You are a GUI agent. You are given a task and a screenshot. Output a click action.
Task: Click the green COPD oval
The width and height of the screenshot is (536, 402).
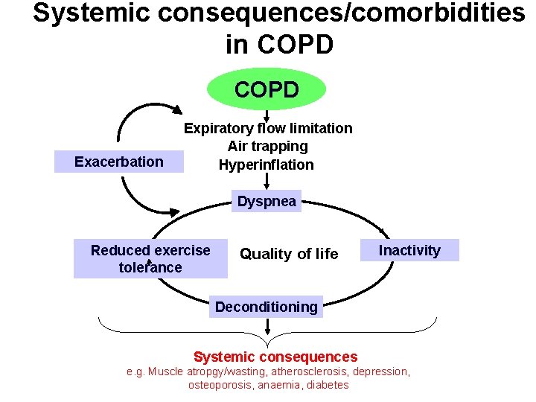point(267,90)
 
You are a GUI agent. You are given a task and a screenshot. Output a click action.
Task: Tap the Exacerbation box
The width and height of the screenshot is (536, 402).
point(119,162)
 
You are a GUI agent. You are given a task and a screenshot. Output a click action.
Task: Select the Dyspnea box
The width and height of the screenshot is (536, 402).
point(267,201)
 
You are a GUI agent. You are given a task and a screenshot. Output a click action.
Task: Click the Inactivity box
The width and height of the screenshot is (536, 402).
point(409,250)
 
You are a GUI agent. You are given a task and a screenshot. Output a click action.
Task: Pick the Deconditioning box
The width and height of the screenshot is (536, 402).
point(266,307)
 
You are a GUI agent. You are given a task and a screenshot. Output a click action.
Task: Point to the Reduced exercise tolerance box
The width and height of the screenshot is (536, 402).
point(150,259)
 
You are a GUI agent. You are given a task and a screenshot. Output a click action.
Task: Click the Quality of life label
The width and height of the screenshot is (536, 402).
point(289,254)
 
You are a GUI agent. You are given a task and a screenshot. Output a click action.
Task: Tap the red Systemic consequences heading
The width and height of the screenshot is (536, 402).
point(275,357)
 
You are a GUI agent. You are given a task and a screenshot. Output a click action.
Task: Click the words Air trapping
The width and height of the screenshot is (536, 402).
point(268,147)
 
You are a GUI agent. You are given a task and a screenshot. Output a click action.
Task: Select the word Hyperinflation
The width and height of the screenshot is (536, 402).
point(267,165)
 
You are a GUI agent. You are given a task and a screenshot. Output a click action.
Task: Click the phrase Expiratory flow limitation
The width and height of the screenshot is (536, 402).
point(268,128)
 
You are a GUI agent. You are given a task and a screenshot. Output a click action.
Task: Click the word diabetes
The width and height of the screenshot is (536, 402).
point(327,385)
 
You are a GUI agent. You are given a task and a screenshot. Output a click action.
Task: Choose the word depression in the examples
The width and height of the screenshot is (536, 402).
point(381,371)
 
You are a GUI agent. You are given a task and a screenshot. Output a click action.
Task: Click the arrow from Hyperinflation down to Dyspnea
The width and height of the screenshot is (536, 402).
point(267,181)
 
